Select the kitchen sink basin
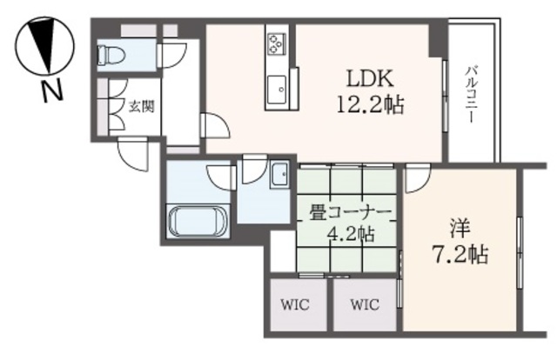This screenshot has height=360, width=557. pos(278,87)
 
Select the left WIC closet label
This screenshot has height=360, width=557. pos(292,305)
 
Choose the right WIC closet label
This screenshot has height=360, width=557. pos(365,305)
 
